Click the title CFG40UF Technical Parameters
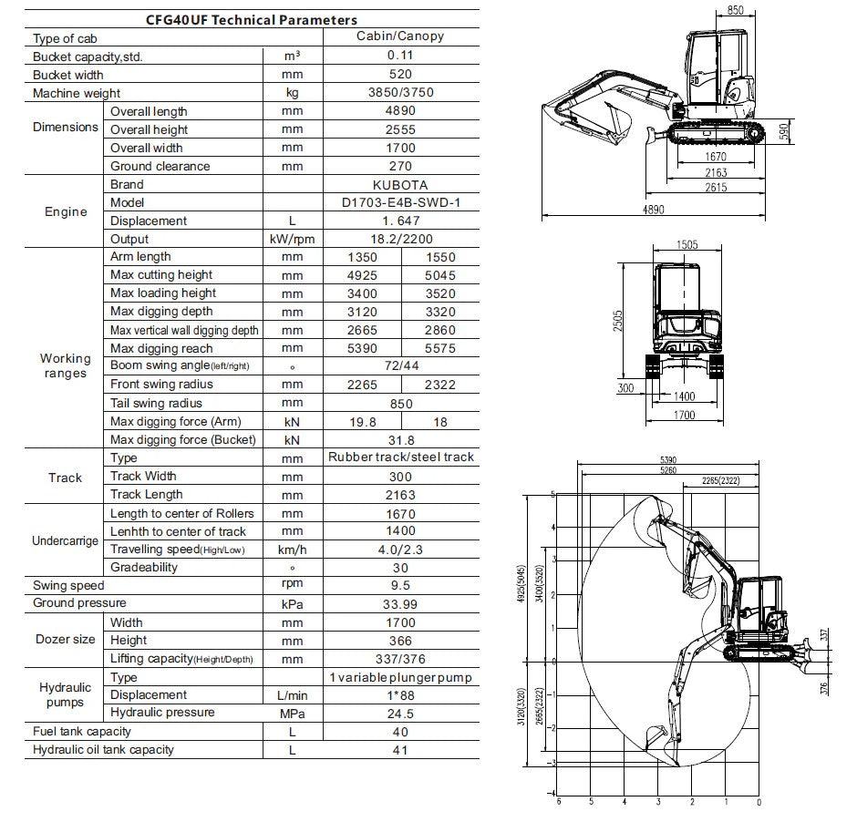coord(252,19)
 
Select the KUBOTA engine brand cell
coord(399,184)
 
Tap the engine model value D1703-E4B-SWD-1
coord(399,202)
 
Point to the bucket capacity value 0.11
coord(399,57)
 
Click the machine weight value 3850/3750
coord(399,93)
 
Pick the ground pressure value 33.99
coord(399,604)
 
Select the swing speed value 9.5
coord(399,586)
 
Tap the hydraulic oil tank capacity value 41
coord(399,750)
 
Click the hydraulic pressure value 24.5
coord(399,714)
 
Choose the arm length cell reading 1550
coord(439,257)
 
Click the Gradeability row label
coord(144,567)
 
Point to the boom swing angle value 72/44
coord(399,366)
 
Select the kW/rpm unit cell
coord(293,239)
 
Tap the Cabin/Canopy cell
coord(399,37)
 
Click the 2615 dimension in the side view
coord(716,187)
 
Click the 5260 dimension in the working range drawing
coord(668,471)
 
